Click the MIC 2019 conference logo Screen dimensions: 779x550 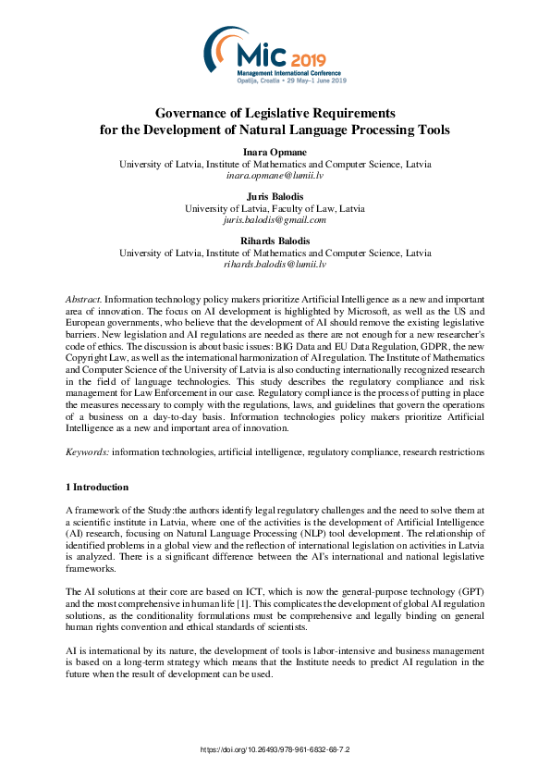(275, 55)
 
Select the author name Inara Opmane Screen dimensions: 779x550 (275, 151)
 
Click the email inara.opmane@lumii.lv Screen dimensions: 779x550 (275, 175)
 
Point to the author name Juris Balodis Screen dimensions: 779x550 (275, 196)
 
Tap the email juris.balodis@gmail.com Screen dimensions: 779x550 (275, 220)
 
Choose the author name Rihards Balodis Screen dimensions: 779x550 (275, 241)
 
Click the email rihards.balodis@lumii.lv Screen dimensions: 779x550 (275, 265)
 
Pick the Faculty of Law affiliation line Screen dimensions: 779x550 (275, 208)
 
